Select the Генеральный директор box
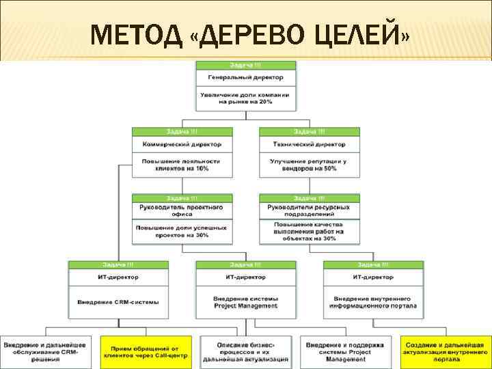point(246,77)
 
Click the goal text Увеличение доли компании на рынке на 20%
point(246,98)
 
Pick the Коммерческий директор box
point(182,145)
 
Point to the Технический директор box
point(309,145)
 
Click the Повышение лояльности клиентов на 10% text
point(182,165)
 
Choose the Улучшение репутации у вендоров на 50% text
point(309,165)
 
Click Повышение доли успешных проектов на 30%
point(182,231)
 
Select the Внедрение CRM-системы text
point(118,301)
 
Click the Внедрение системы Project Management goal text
point(246,301)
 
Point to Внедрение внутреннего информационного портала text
point(373,301)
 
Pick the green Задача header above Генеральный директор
point(246,64)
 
